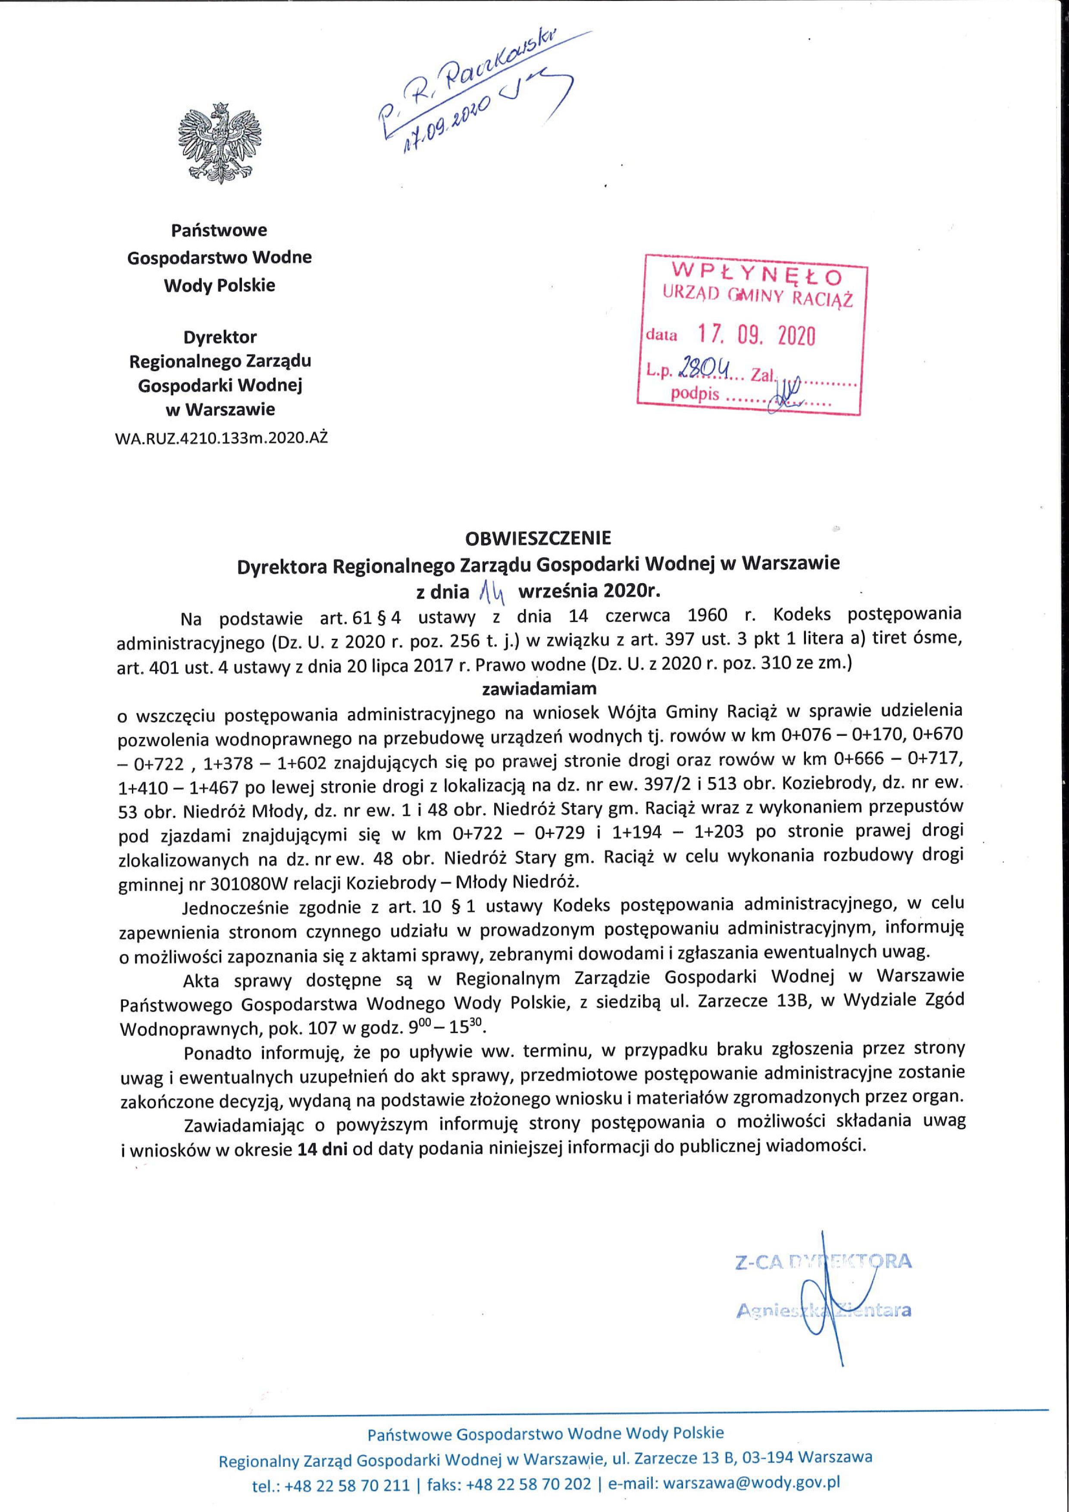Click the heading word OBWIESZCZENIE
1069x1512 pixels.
coord(538,538)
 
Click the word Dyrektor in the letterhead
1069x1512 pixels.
coord(220,337)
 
